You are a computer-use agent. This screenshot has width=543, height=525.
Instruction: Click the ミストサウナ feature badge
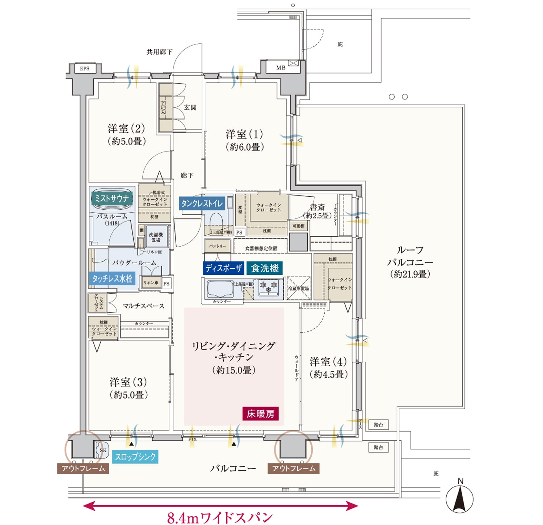[112, 198]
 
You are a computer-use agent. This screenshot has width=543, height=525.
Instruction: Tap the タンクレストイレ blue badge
[202, 203]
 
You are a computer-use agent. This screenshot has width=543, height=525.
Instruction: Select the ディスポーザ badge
[223, 268]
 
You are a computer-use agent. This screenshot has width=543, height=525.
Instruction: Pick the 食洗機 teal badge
[265, 268]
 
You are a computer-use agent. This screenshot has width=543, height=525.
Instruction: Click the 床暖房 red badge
[260, 413]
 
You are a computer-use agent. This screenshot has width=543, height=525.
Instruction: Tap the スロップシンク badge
[135, 457]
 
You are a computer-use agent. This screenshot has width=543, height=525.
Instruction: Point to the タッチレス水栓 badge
[112, 278]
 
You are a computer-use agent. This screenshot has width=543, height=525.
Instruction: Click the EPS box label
[85, 68]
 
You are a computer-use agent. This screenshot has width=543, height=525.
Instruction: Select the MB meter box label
[281, 68]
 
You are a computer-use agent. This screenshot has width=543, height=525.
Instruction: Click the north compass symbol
[459, 498]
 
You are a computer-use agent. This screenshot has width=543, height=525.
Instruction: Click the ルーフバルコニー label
[410, 262]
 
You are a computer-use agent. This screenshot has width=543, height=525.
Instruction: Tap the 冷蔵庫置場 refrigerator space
[299, 289]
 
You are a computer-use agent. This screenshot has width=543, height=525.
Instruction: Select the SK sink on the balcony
[103, 450]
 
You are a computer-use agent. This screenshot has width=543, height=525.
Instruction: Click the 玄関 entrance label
[190, 108]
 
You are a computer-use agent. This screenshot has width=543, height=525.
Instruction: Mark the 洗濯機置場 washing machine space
[156, 238]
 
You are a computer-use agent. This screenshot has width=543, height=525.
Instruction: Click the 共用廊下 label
[159, 52]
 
